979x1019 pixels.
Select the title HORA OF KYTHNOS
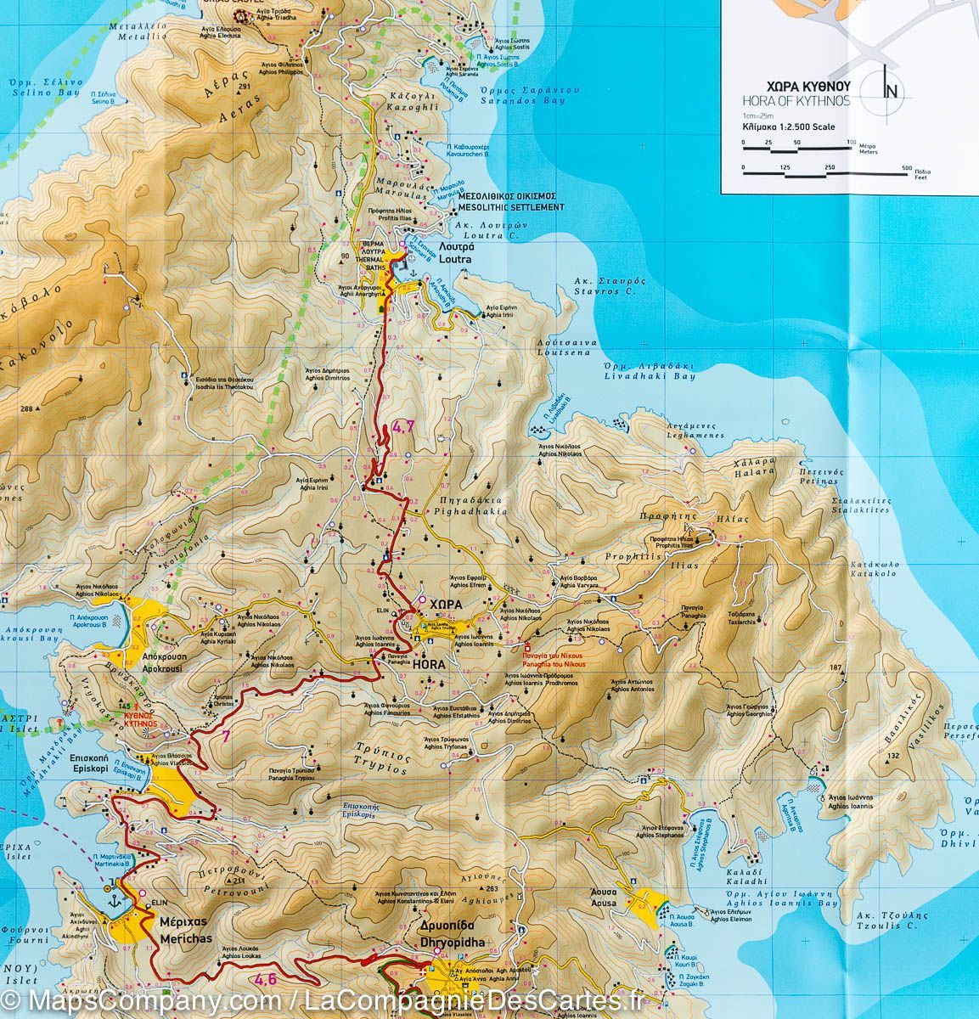pos(793,101)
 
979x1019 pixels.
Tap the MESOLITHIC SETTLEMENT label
pos(510,207)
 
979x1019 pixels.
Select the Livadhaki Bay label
pos(650,375)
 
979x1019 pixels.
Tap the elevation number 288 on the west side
pos(25,409)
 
